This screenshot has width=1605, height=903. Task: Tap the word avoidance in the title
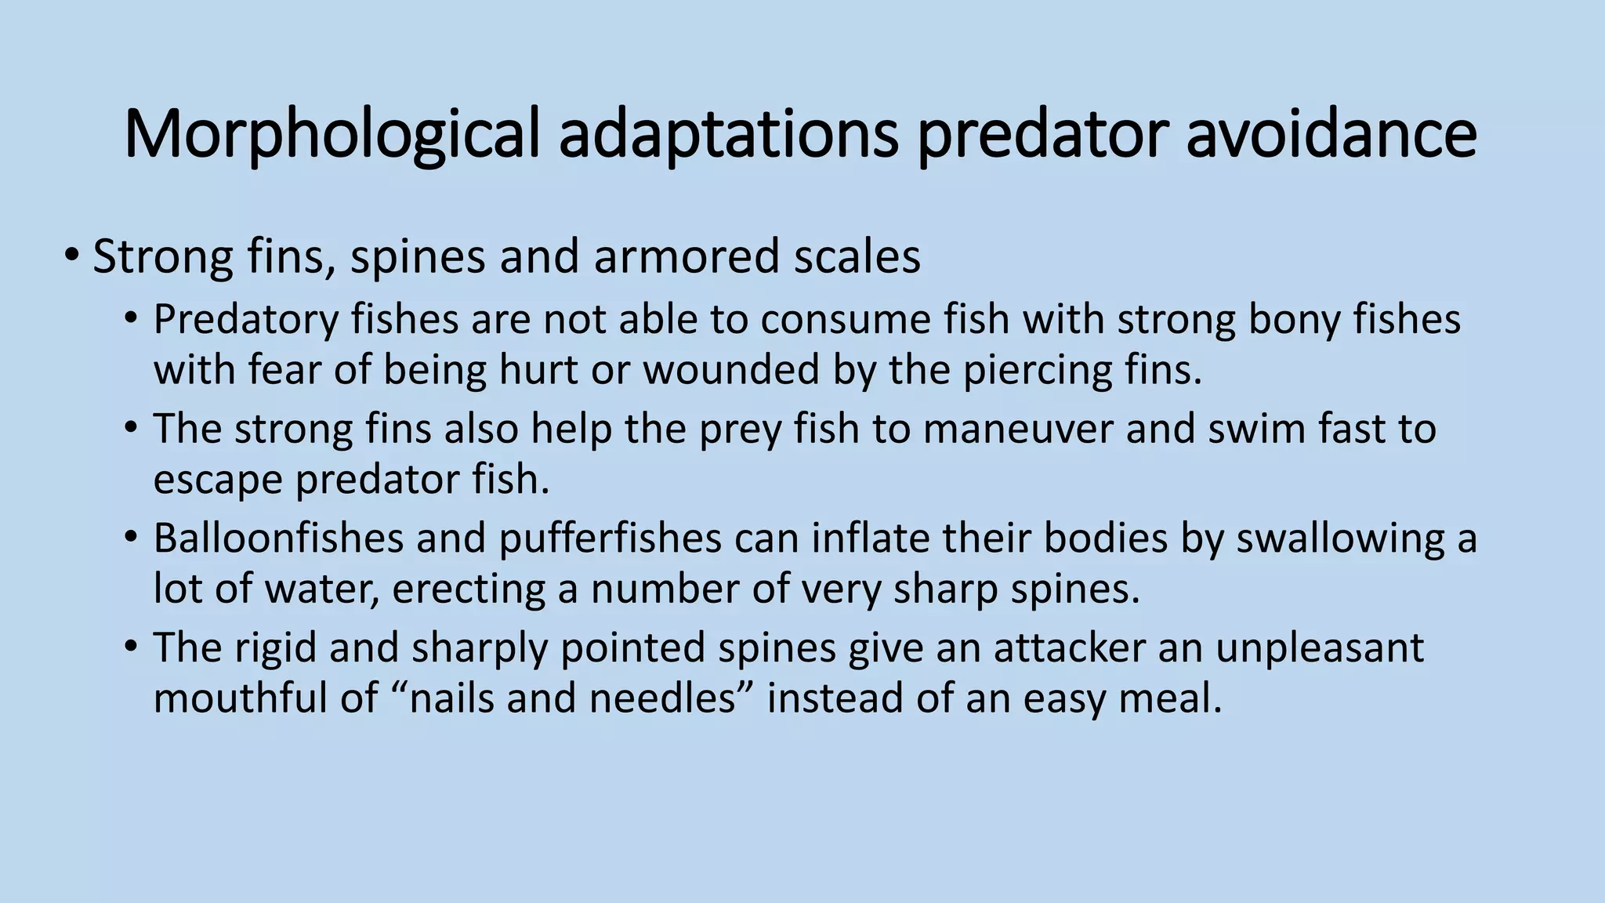1331,134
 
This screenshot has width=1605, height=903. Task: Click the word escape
217,481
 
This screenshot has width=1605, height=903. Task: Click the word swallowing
1340,540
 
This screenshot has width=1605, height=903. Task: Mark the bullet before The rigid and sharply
131,647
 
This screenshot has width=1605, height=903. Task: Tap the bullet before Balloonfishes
131,538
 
